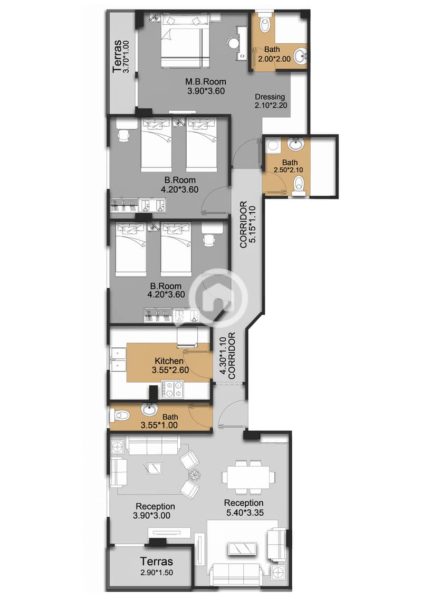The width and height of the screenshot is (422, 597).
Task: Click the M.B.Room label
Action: pos(206,82)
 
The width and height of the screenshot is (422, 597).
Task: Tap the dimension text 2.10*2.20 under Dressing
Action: pos(270,106)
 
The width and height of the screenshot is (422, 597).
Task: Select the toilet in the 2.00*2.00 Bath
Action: pos(265,22)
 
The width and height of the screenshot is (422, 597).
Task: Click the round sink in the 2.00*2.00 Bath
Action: pos(300,56)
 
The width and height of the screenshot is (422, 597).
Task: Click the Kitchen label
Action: pos(169,361)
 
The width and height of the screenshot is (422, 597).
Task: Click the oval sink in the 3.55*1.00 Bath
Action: pos(149,409)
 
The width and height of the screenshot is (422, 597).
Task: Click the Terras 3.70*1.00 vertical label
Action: pos(119,55)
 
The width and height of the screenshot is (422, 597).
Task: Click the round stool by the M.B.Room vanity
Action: pos(232,42)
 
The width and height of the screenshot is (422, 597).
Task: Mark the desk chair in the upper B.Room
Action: pos(123,135)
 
